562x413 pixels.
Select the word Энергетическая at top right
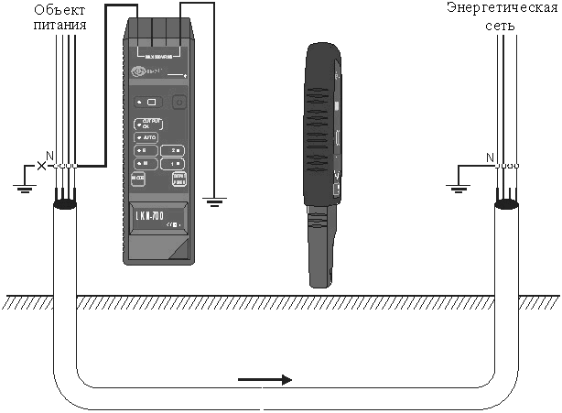502,9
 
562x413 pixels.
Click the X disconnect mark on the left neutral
39,166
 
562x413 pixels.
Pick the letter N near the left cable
50,156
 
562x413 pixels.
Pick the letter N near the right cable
489,157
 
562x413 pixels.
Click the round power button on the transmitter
179,103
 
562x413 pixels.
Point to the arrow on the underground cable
265,379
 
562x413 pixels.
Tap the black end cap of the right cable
506,207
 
